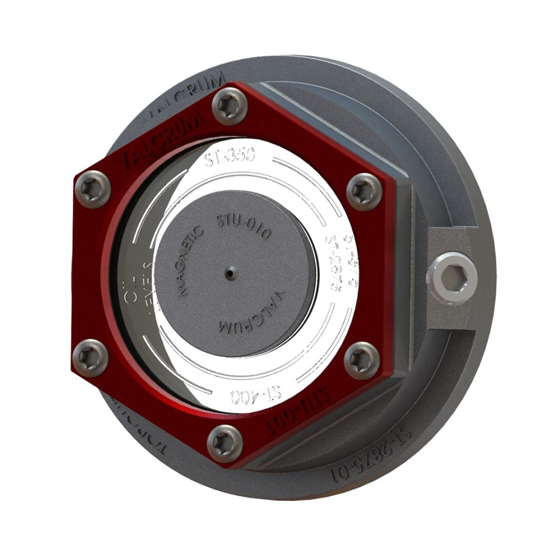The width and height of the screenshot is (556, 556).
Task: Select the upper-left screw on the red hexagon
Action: point(93,189)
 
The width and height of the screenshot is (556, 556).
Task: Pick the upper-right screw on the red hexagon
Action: point(364,189)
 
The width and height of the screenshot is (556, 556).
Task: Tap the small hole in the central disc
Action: point(231,272)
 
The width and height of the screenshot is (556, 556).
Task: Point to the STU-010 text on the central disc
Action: point(243,226)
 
